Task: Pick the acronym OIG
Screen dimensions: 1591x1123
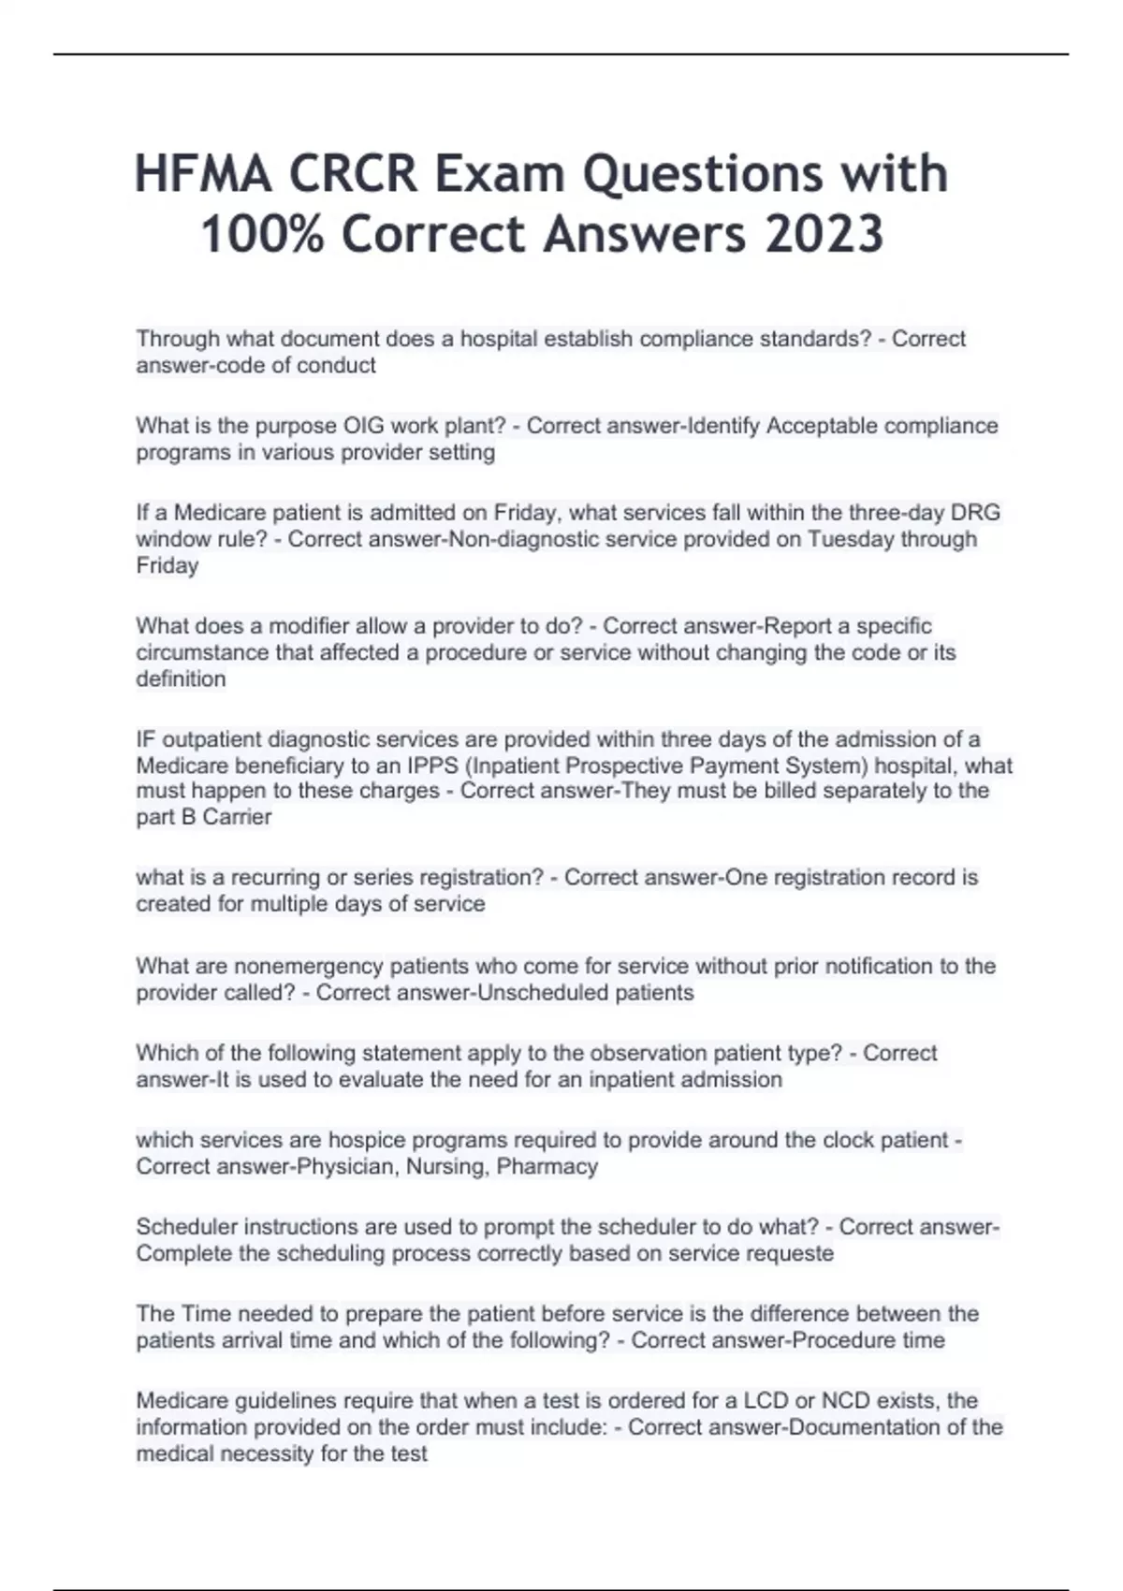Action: point(364,426)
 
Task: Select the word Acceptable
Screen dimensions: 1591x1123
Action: point(821,426)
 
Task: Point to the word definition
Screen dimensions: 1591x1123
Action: point(181,679)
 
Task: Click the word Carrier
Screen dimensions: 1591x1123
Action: point(237,817)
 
